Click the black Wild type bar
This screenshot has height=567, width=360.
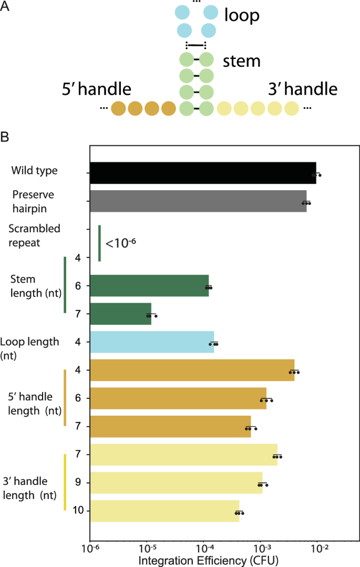pos(203,172)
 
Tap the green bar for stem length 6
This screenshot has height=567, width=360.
pos(149,286)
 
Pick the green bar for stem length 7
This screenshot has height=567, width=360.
pos(120,314)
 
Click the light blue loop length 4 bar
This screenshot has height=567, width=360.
pos(152,342)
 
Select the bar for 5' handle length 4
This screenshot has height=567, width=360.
pos(192,370)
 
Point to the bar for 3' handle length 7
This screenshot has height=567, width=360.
pos(183,455)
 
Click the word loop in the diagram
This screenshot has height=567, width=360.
pos(242,16)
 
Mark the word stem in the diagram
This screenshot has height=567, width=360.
pos(242,61)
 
